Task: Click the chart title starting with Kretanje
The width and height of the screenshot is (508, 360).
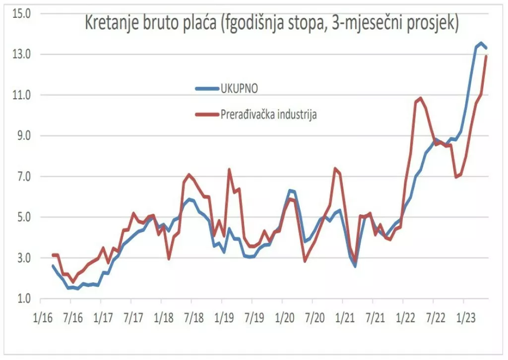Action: tap(272, 23)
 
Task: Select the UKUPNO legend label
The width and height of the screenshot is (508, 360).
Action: tap(240, 88)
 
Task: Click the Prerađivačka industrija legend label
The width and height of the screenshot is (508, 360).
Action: tap(269, 115)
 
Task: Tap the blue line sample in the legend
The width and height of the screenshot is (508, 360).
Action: tap(207, 88)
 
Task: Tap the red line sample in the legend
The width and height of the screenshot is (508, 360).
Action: tap(207, 115)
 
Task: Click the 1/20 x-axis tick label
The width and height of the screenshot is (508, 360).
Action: tap(283, 316)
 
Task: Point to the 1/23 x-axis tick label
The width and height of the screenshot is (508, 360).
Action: tap(464, 316)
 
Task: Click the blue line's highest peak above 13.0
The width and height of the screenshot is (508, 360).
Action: tap(481, 43)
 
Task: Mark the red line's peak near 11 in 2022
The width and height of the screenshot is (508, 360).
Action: tap(421, 98)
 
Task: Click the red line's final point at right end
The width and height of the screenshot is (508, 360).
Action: tap(486, 56)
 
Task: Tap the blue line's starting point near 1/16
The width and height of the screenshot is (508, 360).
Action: tap(53, 266)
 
